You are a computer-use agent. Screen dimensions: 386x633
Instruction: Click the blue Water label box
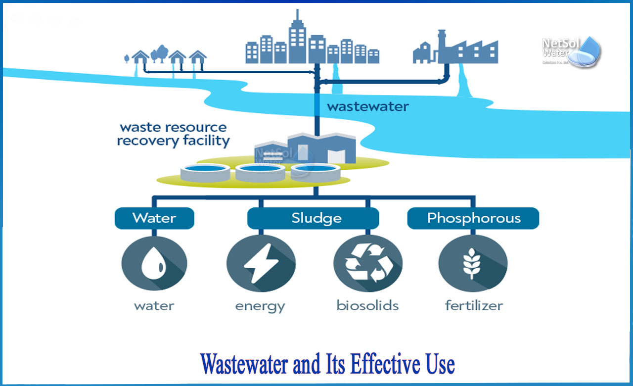tap(154, 218)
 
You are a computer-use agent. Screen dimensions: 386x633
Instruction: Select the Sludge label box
tap(313, 218)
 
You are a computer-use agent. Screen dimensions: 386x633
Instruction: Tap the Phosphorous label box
tap(473, 218)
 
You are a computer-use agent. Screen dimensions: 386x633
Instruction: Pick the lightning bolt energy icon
tap(261, 263)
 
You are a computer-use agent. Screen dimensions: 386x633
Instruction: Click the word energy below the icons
tap(260, 306)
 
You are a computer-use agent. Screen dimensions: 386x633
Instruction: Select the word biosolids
tap(367, 305)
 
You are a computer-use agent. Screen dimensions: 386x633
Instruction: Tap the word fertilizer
tap(473, 305)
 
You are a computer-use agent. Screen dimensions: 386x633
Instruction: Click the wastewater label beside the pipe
tap(368, 106)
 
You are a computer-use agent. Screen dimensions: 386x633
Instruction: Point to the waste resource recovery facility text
tap(173, 134)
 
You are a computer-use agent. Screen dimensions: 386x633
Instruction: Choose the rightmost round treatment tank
tap(310, 171)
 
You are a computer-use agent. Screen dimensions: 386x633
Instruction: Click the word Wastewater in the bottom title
tap(244, 365)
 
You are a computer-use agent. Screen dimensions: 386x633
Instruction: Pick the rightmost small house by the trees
tap(198, 58)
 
